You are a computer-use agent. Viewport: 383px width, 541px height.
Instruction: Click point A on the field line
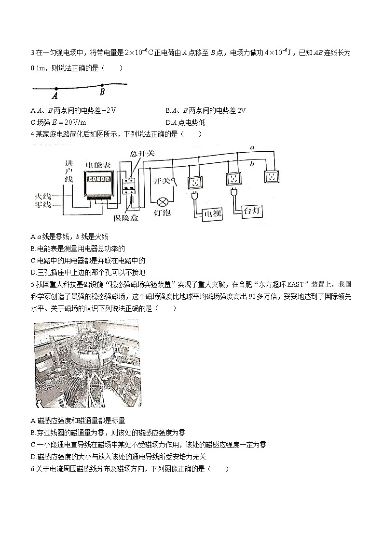click(x=56, y=89)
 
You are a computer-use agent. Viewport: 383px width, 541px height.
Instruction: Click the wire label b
click(x=252, y=164)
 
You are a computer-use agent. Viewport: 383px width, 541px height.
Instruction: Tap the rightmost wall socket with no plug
click(x=271, y=176)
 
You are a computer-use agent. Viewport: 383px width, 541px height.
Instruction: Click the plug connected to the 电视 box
click(x=194, y=196)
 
